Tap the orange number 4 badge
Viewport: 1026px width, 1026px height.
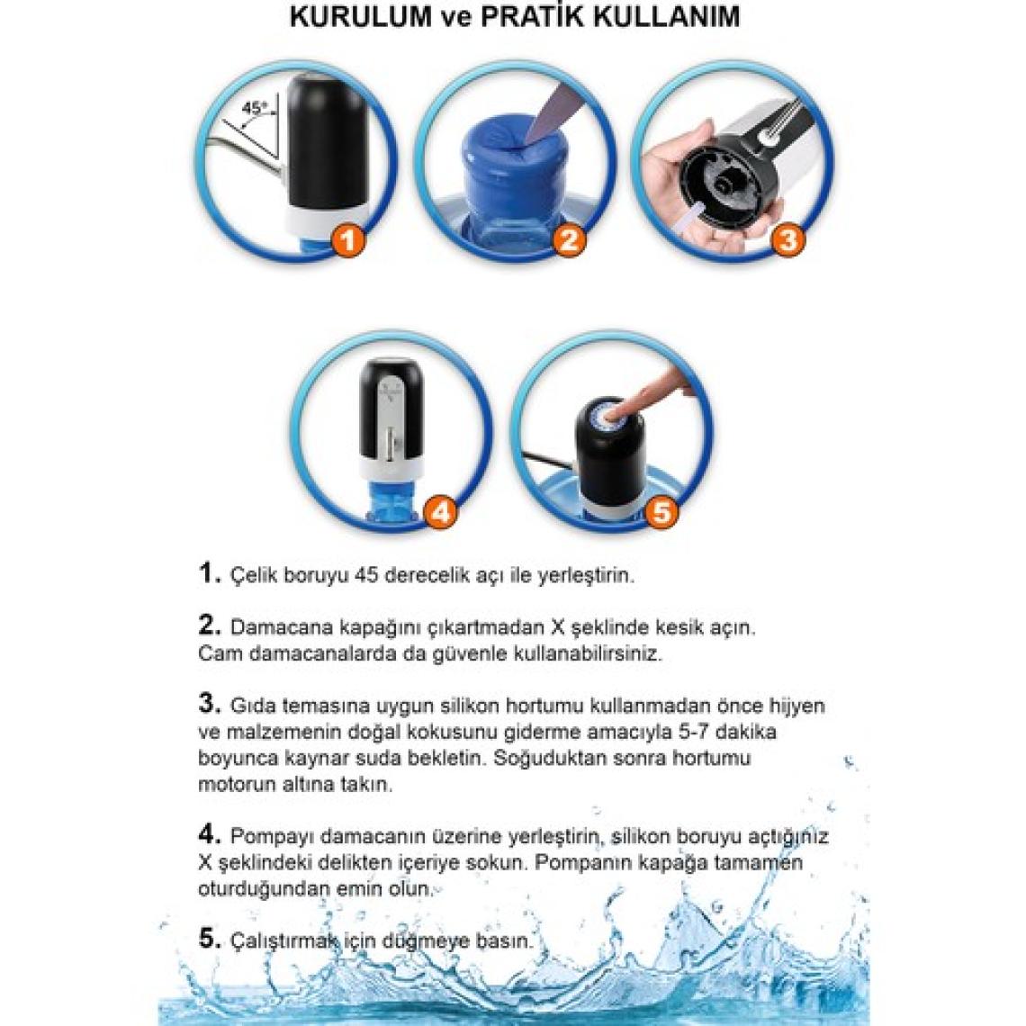(441, 511)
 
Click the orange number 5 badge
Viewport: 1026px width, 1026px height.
(661, 511)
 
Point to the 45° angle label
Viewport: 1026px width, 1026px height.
(255, 108)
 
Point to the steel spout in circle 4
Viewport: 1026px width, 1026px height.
(391, 445)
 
